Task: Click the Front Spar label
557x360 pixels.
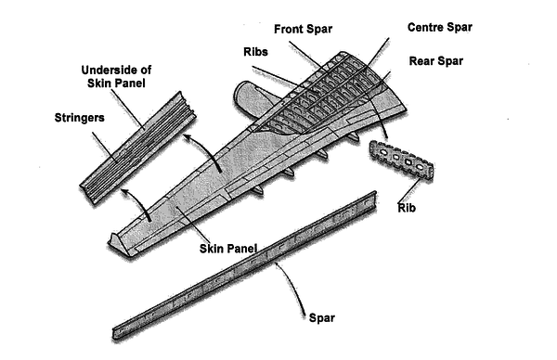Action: (303, 29)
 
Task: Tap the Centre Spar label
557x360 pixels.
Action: (440, 27)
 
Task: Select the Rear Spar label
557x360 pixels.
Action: (436, 60)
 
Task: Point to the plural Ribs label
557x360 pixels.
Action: (255, 52)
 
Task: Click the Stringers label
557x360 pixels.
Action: (79, 118)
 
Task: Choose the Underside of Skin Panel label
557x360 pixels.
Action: (116, 76)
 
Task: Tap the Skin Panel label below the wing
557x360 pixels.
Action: (228, 249)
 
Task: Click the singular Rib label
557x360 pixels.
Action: (407, 208)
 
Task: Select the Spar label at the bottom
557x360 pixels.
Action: (322, 317)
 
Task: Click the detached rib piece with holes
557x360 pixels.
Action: (402, 159)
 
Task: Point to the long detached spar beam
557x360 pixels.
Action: (245, 265)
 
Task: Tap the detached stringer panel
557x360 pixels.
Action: (138, 148)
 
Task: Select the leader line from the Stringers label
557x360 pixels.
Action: (104, 147)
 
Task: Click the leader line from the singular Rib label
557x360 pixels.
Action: (410, 190)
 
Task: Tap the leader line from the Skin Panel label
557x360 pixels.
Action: (191, 224)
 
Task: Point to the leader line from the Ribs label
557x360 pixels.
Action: (277, 76)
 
